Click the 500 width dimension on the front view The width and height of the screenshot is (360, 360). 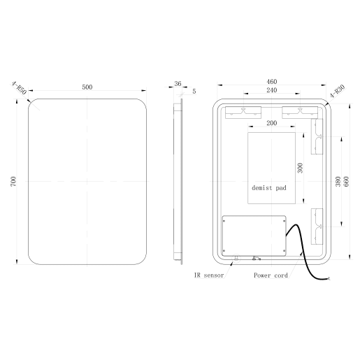click(87, 87)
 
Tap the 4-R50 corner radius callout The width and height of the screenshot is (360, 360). click(19, 89)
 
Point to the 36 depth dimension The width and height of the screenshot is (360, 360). click(178, 84)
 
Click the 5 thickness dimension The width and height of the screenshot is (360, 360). click(194, 91)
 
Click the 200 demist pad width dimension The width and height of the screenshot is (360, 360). click(272, 123)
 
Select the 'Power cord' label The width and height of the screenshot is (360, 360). click(271, 275)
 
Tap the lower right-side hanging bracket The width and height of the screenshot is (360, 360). click(317, 220)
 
